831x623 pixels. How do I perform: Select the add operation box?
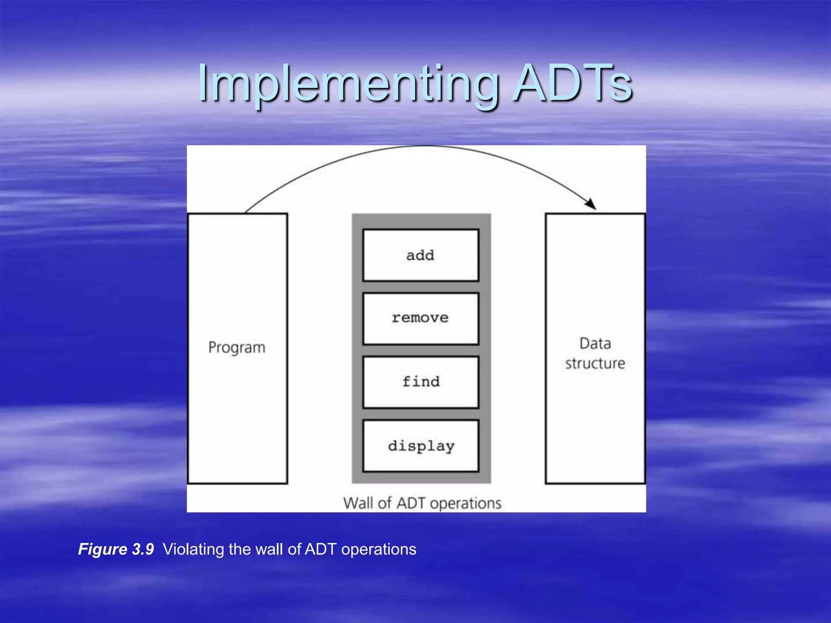pos(421,255)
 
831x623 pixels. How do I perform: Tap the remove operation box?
pos(421,318)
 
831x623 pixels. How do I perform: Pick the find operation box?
pos(421,382)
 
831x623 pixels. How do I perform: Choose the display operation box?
pos(421,446)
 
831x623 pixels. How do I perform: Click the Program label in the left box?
pos(237,348)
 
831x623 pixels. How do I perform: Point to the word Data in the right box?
pos(595,344)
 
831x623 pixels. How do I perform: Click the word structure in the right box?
pos(595,363)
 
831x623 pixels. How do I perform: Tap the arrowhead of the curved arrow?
pos(592,204)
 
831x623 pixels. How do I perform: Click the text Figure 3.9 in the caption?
pos(116,549)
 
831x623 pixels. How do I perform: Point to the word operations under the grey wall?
pos(466,504)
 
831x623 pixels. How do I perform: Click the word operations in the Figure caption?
pos(379,550)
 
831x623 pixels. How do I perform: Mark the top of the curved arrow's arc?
pos(422,146)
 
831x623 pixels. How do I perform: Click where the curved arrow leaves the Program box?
pos(246,212)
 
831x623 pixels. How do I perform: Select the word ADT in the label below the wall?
pos(411,503)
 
